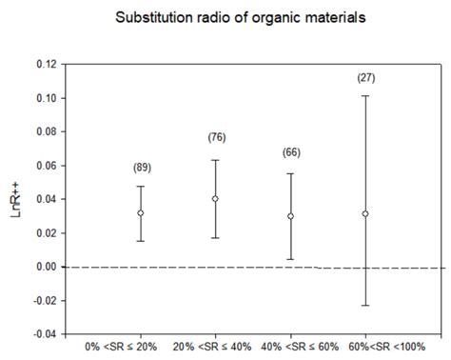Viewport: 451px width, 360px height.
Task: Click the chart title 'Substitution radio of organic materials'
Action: pos(225,18)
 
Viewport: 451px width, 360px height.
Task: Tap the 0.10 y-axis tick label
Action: pos(46,98)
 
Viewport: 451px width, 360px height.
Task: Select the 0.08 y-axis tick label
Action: pos(46,132)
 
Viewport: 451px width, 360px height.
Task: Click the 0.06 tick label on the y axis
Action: pos(46,166)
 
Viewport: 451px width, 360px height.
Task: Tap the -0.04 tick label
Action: pos(44,334)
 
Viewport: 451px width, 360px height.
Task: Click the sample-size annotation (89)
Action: pos(142,168)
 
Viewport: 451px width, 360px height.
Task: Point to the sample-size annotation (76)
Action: pos(216,138)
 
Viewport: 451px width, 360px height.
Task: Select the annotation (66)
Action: pos(291,152)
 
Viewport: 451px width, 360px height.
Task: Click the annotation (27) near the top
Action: pos(365,77)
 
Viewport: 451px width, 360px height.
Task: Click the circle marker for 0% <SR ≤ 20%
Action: pos(141,212)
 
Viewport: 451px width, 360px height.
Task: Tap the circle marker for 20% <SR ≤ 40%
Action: pos(216,199)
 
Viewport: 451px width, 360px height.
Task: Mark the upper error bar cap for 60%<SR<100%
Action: pos(365,95)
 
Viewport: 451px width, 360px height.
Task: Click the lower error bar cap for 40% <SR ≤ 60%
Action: pos(291,259)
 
